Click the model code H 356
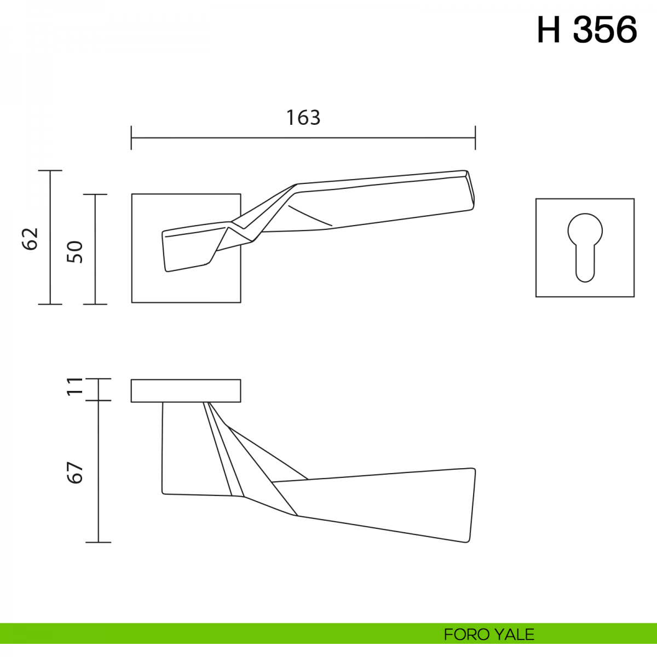point(587,30)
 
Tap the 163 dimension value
point(303,118)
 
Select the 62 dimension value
point(30,239)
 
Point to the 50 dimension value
point(74,252)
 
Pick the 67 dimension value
point(74,473)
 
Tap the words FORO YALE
point(489,635)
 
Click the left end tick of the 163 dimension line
point(131,138)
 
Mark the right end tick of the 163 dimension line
point(475,138)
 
